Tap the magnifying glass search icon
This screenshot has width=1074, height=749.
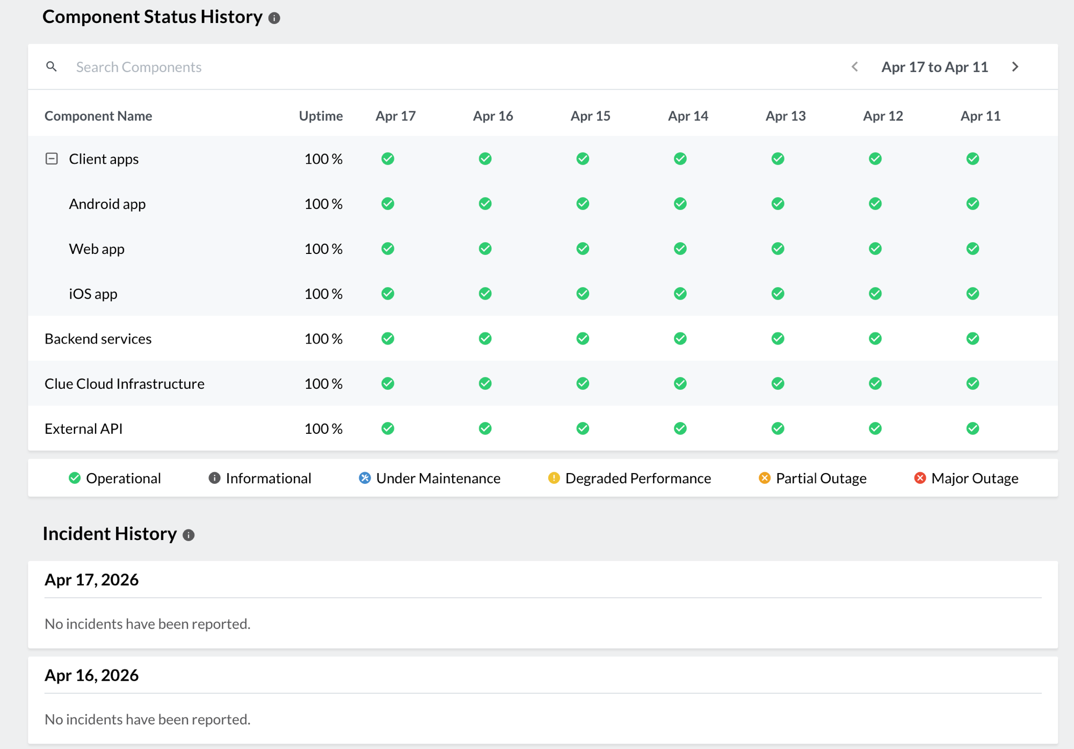point(52,67)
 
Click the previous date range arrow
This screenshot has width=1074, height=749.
point(855,67)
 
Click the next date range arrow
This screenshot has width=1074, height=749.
point(1015,67)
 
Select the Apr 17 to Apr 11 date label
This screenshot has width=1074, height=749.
point(934,67)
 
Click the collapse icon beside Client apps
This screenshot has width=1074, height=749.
point(52,158)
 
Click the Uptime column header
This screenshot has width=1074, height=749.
point(321,116)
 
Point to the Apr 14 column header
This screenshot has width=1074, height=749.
point(688,116)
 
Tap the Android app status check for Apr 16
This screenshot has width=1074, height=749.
point(485,203)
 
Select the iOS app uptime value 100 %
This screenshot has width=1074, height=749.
point(323,294)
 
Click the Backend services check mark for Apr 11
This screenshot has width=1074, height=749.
point(973,338)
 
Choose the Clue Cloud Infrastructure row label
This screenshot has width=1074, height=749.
point(125,383)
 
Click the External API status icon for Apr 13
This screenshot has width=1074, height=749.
point(778,428)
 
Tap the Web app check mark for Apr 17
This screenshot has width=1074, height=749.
point(388,249)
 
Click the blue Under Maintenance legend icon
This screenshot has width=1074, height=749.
point(365,478)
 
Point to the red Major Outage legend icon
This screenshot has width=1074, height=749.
point(920,478)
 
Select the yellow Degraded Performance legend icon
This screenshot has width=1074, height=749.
point(554,478)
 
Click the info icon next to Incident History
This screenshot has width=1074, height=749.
point(188,535)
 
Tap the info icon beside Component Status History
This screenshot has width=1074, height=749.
point(274,18)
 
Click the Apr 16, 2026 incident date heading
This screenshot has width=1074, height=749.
point(92,675)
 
